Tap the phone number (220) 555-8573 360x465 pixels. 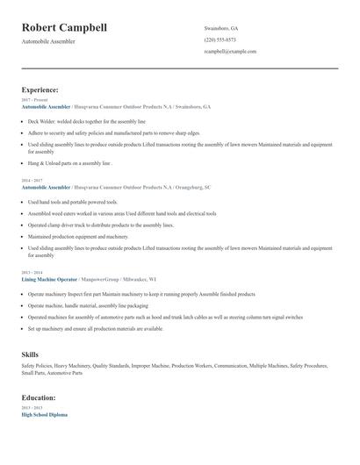tap(220, 39)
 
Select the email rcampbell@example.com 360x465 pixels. tap(230, 52)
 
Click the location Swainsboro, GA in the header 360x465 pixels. tap(221, 28)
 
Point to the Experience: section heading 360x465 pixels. tap(40, 89)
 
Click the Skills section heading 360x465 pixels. tap(30, 354)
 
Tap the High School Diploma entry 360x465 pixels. tap(44, 414)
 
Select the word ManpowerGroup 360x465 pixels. tap(113, 278)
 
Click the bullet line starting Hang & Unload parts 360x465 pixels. tap(70, 162)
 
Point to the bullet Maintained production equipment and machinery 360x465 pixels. tap(77, 236)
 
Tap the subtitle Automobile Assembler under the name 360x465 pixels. tap(48, 41)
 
